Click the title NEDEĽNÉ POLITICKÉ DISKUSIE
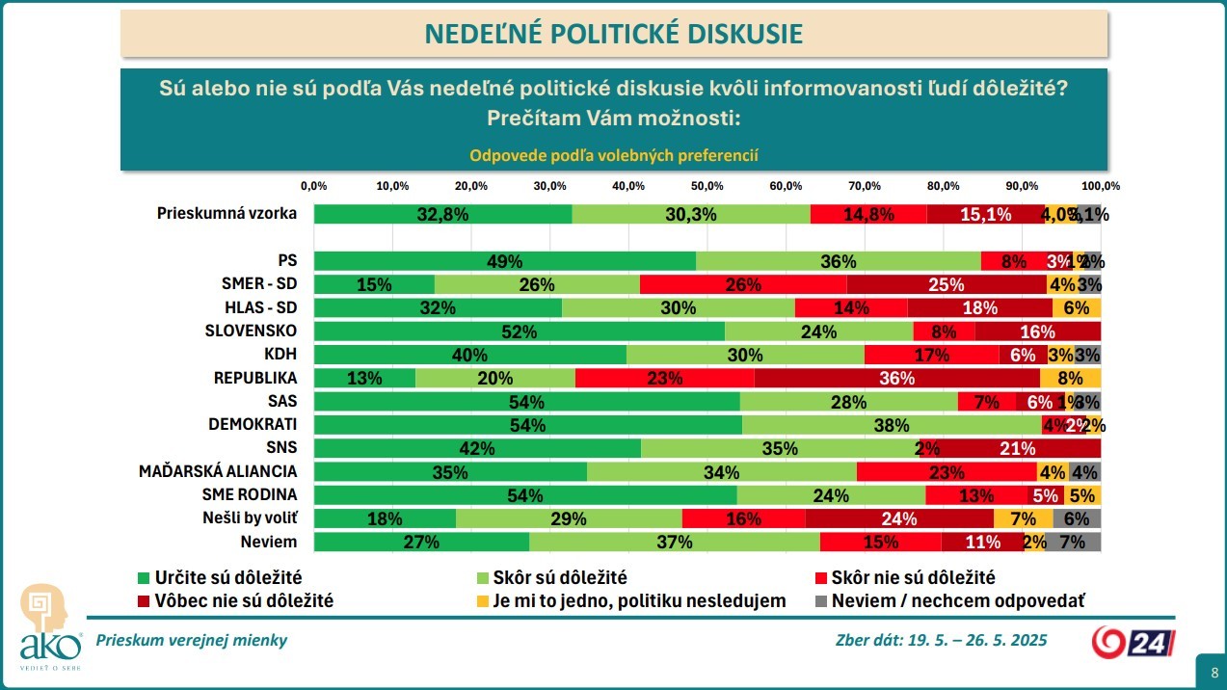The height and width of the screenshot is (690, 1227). (x=614, y=34)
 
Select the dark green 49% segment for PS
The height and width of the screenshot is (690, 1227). (x=505, y=261)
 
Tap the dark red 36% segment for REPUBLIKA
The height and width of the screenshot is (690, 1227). (x=896, y=378)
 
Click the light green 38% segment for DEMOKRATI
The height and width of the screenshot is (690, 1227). (x=892, y=425)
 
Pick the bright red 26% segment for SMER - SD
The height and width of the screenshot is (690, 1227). (x=743, y=284)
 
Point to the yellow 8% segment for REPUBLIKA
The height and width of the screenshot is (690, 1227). (x=1070, y=378)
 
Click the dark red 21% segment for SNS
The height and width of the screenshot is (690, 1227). (x=1017, y=448)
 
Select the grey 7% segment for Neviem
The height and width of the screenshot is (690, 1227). (x=1073, y=542)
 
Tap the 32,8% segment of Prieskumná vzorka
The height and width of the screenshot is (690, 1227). (x=442, y=215)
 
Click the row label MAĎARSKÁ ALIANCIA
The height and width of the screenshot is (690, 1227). (x=218, y=471)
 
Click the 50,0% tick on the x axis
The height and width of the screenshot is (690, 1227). (x=707, y=185)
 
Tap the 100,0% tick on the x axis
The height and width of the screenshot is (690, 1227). (x=1101, y=185)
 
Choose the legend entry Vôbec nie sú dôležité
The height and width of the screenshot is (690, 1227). (x=235, y=601)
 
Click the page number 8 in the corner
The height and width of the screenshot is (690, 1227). (x=1211, y=671)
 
